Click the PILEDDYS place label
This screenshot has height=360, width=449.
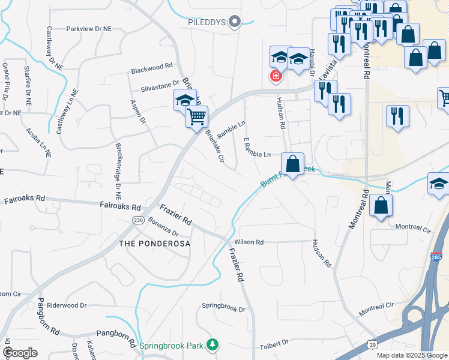coord(206,23)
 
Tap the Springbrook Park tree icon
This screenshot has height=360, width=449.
coord(211,344)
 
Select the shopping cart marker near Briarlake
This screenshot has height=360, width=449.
coord(197,117)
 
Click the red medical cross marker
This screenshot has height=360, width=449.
coord(276,76)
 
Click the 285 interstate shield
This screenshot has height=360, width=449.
coord(436,257)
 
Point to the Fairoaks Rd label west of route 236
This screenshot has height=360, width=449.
coord(24,199)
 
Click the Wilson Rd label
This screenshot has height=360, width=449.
coord(249,242)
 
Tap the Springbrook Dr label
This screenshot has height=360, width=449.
coord(223,310)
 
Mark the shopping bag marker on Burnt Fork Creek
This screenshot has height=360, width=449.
coord(292,164)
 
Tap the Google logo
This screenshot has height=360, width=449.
coord(20,353)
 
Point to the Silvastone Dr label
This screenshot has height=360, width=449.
coord(160,85)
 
